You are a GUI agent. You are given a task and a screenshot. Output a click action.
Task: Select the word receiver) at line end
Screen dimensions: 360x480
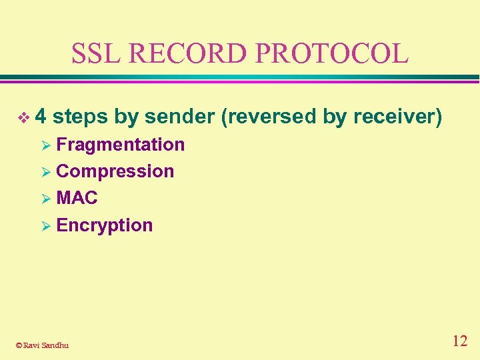point(398,117)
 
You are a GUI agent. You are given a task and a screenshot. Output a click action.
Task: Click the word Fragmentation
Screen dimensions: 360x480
point(121,145)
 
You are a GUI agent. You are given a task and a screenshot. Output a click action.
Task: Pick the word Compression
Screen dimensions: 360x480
point(115,171)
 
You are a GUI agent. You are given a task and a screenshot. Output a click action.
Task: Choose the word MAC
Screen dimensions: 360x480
point(77,198)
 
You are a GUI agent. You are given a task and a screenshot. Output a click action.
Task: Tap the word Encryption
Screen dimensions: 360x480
point(105,225)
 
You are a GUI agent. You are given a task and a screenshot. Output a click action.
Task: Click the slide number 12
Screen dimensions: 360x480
point(459,341)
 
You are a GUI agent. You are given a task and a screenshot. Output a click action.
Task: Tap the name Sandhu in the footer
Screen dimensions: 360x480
point(54,345)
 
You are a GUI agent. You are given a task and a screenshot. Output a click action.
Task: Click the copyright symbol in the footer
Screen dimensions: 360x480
point(19,345)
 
